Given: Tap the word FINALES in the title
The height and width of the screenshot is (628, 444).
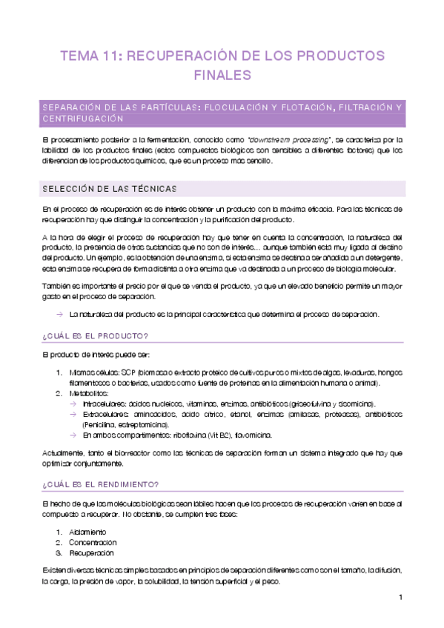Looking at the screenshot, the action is [x=222, y=75].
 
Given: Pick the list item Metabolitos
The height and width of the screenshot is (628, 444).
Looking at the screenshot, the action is [x=87, y=393].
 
